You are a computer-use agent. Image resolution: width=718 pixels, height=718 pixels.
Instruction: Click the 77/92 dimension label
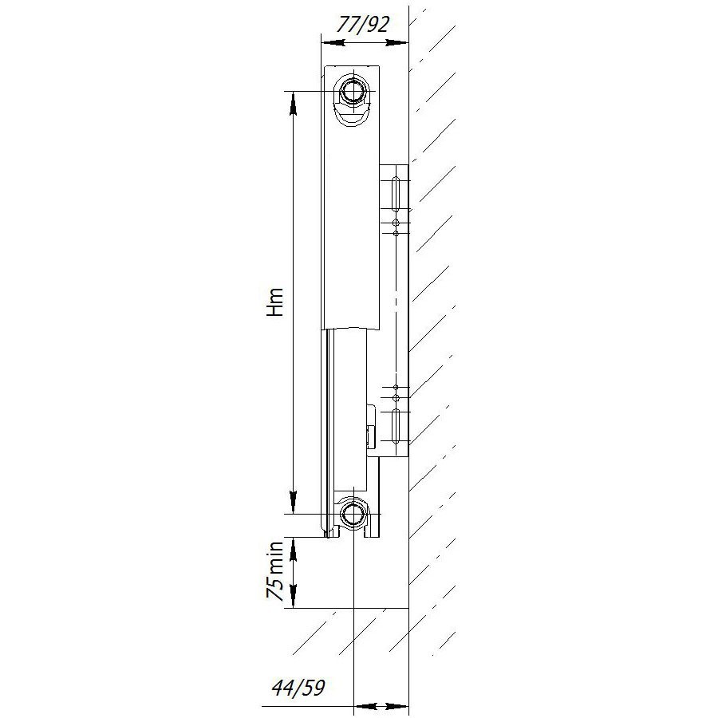(364, 24)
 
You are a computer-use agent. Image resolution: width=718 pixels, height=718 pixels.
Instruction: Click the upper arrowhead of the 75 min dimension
(294, 547)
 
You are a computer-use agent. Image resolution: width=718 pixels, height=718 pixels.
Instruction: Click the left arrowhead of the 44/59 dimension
(361, 706)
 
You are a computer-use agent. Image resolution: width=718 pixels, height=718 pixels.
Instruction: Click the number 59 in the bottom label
(313, 688)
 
